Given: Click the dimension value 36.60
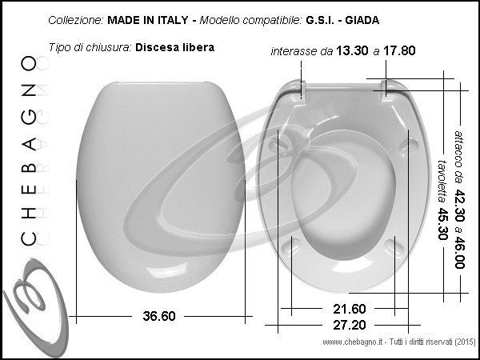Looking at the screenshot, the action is pyautogui.click(x=159, y=316).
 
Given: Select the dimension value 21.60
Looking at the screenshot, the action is pyautogui.click(x=350, y=309).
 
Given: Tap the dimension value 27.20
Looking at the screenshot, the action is pyautogui.click(x=350, y=325).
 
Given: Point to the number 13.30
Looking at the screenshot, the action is pyautogui.click(x=352, y=51).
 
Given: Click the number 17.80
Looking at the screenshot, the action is pyautogui.click(x=399, y=51).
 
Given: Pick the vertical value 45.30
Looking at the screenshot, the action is pyautogui.click(x=442, y=224).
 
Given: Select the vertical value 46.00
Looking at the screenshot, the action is pyautogui.click(x=459, y=253).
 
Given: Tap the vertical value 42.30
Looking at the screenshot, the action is pyautogui.click(x=459, y=206).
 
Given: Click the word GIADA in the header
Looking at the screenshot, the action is pyautogui.click(x=362, y=20).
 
